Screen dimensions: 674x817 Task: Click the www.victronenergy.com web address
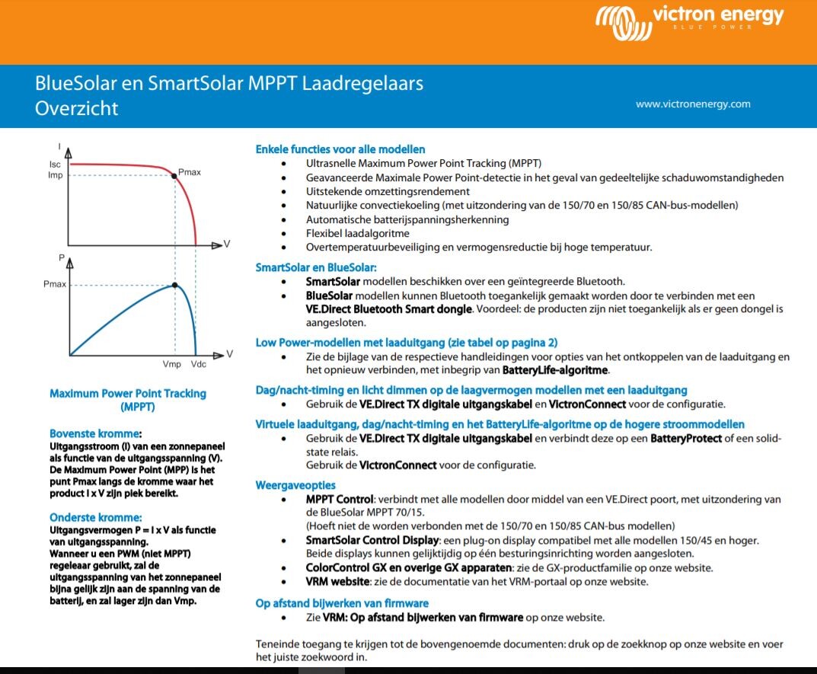tap(693, 104)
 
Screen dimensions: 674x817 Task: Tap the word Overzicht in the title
tap(77, 108)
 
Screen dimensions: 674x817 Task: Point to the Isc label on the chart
tap(55, 165)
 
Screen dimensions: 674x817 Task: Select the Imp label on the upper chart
tap(55, 175)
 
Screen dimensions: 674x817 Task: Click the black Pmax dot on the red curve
tap(174, 176)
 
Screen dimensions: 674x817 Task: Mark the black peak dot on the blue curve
tap(174, 285)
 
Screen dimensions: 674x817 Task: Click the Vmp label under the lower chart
tap(172, 364)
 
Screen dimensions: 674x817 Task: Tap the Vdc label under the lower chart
tap(198, 364)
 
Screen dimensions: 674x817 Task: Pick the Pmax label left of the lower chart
tap(55, 285)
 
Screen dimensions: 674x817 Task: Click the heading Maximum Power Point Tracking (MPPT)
tap(128, 400)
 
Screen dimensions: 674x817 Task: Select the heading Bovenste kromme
tap(96, 433)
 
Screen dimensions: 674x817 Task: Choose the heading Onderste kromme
tap(96, 518)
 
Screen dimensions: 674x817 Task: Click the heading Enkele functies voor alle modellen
tap(340, 149)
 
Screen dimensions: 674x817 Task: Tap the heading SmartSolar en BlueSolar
tap(316, 267)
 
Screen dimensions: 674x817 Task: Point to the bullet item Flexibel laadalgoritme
tap(357, 233)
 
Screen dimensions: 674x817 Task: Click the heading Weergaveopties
tap(295, 485)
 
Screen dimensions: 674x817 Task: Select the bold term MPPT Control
tap(340, 500)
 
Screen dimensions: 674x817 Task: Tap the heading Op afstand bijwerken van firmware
tap(342, 603)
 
